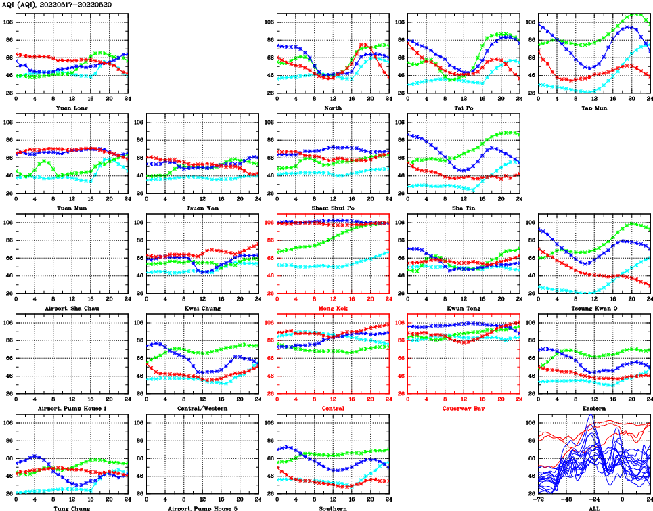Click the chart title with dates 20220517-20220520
(58, 5)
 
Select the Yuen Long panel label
(72, 108)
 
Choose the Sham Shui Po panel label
(333, 208)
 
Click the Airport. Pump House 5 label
(202, 508)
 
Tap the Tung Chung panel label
(72, 508)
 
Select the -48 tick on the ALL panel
(566, 500)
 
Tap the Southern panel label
(333, 508)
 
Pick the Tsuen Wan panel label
(202, 208)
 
